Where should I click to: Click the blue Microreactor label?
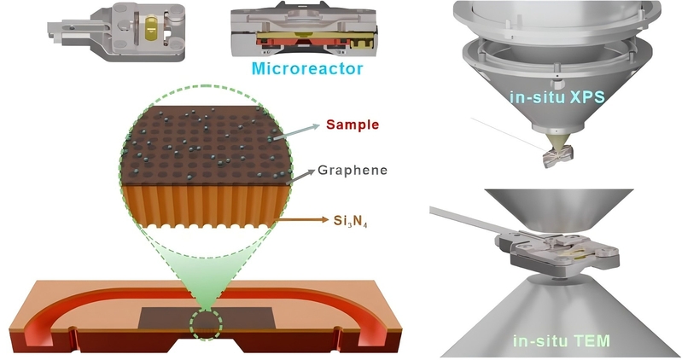click(x=307, y=69)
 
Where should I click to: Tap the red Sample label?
click(x=353, y=125)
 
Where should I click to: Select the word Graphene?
click(x=353, y=170)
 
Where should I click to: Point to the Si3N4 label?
click(x=351, y=221)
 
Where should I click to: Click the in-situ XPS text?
click(x=557, y=97)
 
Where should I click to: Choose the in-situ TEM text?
click(x=562, y=340)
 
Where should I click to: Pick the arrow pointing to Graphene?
click(x=301, y=177)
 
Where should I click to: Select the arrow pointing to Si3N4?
click(x=302, y=220)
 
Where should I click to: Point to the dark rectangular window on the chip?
click(x=206, y=319)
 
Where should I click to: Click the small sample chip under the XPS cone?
click(x=557, y=156)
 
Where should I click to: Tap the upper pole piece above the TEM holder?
click(x=558, y=210)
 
